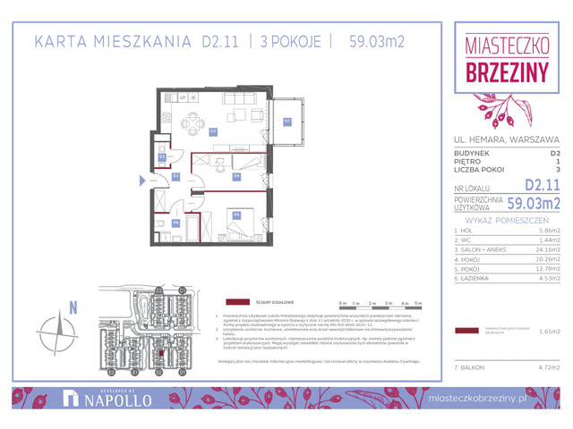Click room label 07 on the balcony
[x=287, y=122]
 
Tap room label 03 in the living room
[x=213, y=130]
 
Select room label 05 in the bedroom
[x=236, y=214]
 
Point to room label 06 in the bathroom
[x=176, y=223]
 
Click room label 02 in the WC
[x=162, y=157]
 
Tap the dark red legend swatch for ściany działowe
[x=237, y=303]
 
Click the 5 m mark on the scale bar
[x=417, y=304]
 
